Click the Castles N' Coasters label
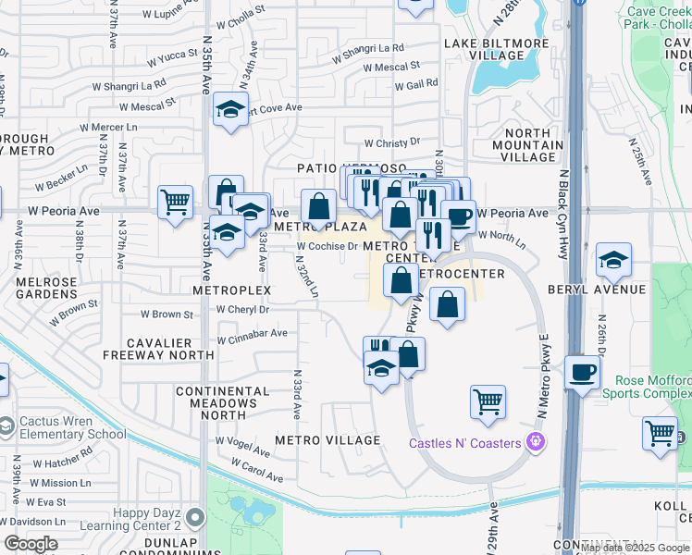click(x=465, y=443)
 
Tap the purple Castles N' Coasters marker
click(x=534, y=443)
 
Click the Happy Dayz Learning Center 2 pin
click(x=194, y=516)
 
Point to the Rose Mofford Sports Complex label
click(x=647, y=387)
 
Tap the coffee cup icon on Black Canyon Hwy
click(x=582, y=372)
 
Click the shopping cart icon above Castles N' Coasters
click(x=488, y=401)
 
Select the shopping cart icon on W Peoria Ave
click(x=175, y=201)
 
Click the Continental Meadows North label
click(x=216, y=403)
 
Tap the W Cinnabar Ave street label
click(x=252, y=333)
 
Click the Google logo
click(x=31, y=544)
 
